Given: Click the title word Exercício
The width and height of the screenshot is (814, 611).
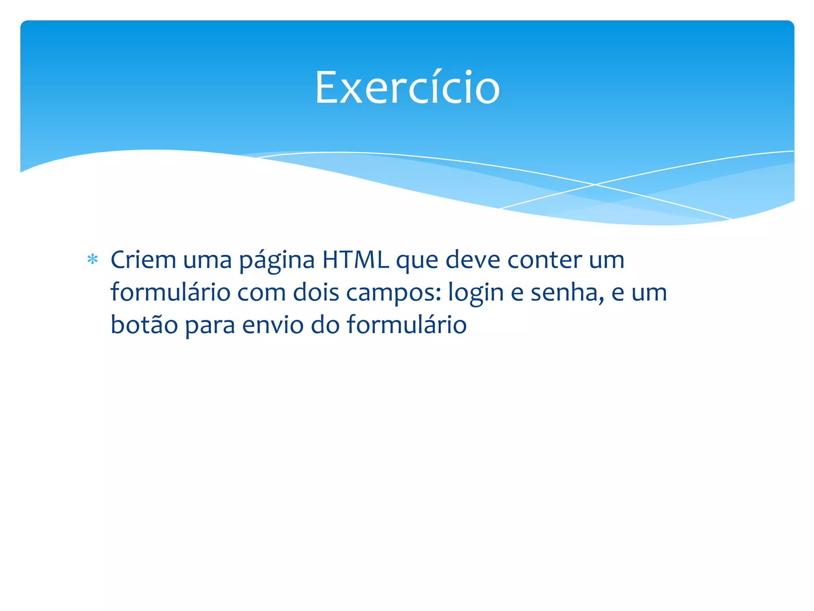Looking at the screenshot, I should pos(407,88).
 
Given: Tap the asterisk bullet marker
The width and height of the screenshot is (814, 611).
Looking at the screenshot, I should pos(93,260).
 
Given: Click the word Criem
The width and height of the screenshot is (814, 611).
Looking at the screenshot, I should pos(143,260).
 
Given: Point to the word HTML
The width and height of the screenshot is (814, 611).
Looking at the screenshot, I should pos(355,260).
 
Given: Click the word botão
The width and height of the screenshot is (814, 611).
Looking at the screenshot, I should pos(144,325).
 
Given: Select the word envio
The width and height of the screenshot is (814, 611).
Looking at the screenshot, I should pos(273,325).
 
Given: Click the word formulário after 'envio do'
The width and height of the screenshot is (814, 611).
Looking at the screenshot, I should pos(407,325).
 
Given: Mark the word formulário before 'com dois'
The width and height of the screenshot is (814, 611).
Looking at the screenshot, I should pos(170,292).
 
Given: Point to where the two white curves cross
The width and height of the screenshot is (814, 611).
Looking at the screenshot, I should pos(595,185).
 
